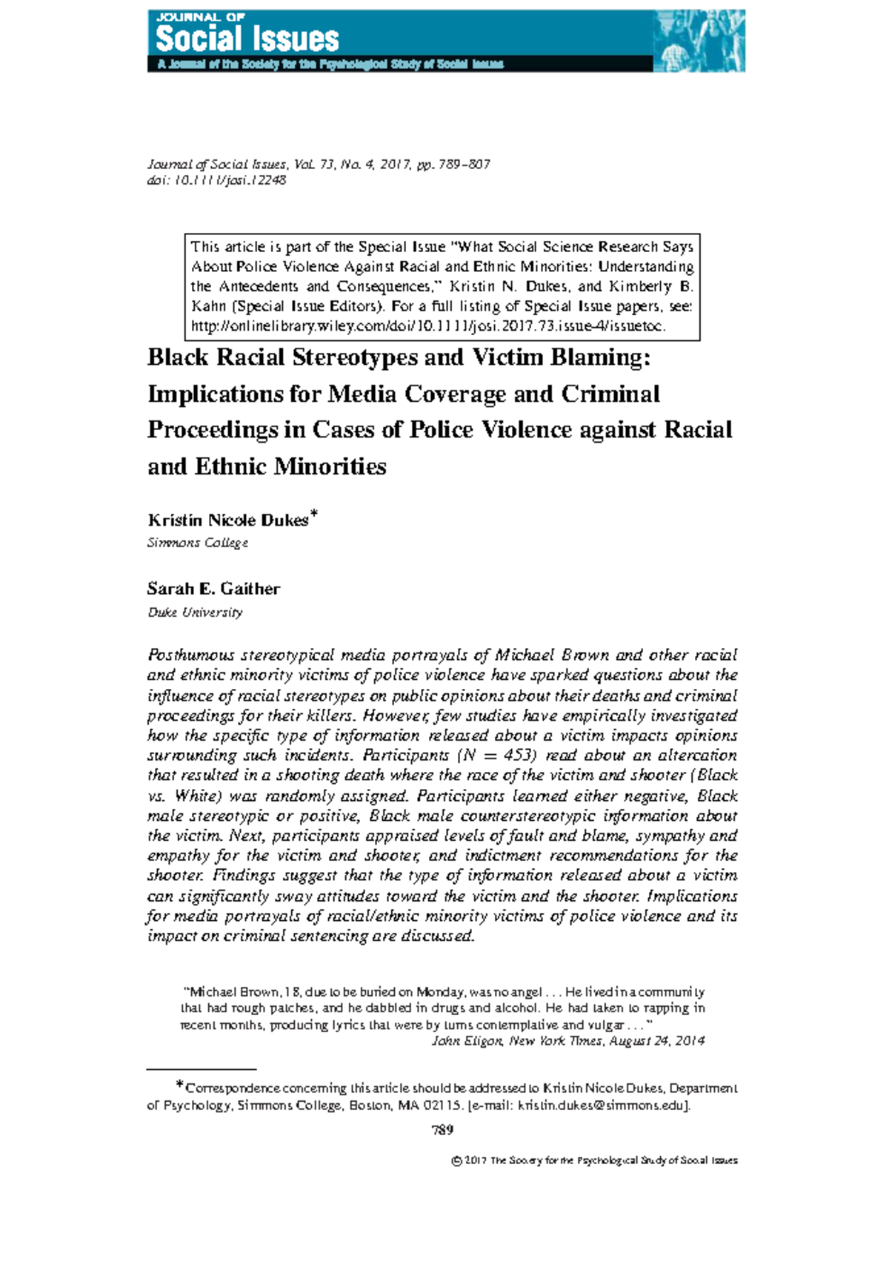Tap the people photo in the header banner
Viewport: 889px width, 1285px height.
point(698,42)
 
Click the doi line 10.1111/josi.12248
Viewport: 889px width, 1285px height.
point(216,180)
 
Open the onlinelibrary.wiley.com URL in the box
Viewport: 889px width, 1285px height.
point(428,326)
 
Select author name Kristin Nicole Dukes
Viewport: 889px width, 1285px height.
point(227,520)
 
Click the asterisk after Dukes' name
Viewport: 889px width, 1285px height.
point(314,514)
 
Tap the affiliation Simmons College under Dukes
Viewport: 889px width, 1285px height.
point(197,543)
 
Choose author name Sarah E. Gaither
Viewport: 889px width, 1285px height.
point(213,589)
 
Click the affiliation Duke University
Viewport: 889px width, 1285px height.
point(195,612)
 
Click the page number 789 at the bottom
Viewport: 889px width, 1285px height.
point(442,1130)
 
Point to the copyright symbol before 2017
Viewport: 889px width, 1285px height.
point(456,1160)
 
